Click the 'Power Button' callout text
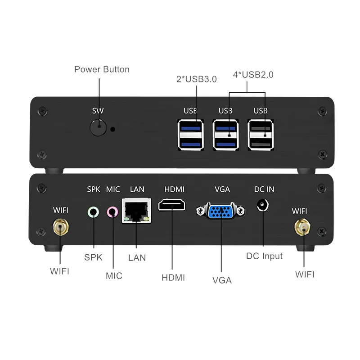[x=102, y=69]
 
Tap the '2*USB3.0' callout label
[x=196, y=79]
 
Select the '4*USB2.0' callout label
[x=252, y=75]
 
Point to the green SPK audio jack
[x=93, y=210]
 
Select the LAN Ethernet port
[x=136, y=211]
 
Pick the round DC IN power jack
[x=261, y=205]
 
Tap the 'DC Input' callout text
[x=265, y=256]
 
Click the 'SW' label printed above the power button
[x=98, y=111]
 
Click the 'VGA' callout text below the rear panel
[x=222, y=280]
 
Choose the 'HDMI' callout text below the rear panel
[x=173, y=277]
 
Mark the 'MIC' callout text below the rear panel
[x=113, y=275]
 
